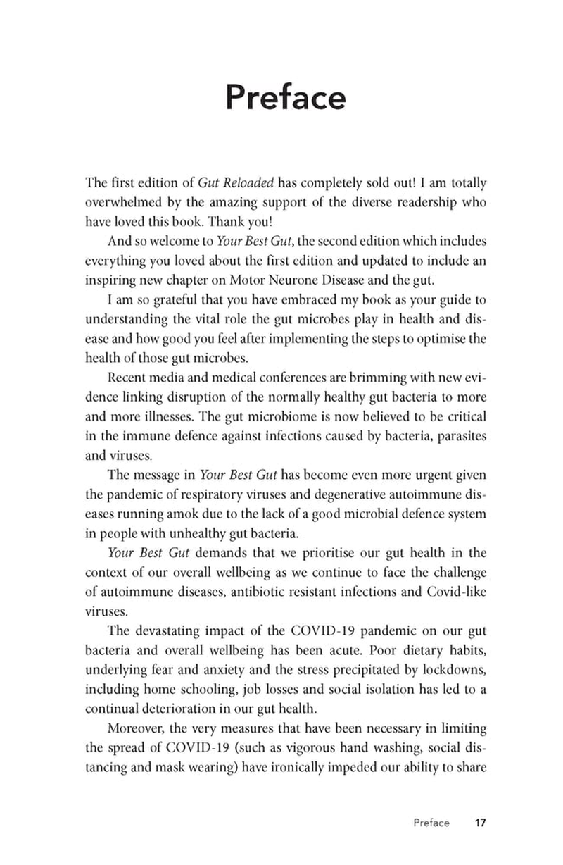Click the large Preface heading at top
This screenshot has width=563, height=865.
(285, 99)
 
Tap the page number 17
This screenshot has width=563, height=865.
(481, 823)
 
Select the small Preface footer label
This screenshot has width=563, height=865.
(431, 823)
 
